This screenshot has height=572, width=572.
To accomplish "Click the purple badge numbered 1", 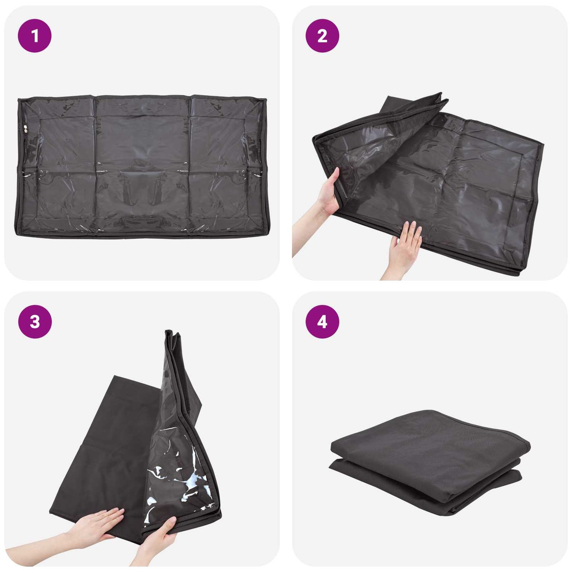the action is (x=35, y=36).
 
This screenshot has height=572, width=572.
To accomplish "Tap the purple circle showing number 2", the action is (x=322, y=36).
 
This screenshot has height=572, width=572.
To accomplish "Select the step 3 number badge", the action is (x=35, y=322).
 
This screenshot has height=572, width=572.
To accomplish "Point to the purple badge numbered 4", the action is (x=322, y=322).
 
